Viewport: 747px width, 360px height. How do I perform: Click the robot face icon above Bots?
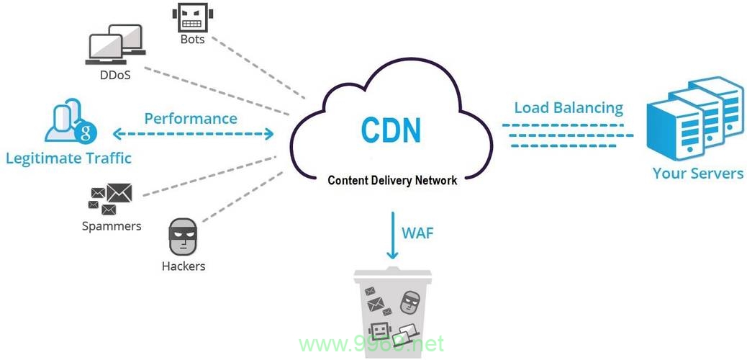coord(192,18)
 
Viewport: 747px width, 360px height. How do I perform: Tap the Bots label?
coord(192,39)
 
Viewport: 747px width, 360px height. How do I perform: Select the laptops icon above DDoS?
coord(116,45)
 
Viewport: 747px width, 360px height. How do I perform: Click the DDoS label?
coord(115,75)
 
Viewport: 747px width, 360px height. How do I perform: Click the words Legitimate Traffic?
coord(68,158)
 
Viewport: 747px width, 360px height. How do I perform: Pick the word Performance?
coord(191,118)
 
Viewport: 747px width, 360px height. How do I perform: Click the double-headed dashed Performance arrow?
coord(194,134)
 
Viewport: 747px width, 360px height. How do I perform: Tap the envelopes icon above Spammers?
coord(110,199)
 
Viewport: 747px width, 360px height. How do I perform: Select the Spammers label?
coord(112,225)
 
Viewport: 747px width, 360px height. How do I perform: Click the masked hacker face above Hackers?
coord(183,237)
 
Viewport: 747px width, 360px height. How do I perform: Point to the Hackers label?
coord(184,266)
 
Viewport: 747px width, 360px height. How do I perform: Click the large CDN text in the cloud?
coord(391,129)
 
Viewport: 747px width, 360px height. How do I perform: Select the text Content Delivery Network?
coord(392,180)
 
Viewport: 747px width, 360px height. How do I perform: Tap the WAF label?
coord(418,234)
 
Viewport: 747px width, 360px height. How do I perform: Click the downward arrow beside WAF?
coord(392,235)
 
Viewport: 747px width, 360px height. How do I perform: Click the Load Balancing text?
coord(569,108)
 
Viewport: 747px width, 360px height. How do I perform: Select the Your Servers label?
coord(698,173)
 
